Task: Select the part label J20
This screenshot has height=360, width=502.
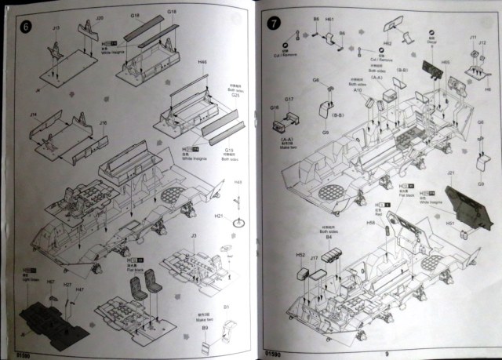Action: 100,17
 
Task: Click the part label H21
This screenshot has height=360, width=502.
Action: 220,216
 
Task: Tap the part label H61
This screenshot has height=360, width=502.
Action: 329,17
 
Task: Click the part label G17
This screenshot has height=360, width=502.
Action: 289,100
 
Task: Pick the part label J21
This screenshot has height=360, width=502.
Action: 451,173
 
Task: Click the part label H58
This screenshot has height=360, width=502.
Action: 369,224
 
